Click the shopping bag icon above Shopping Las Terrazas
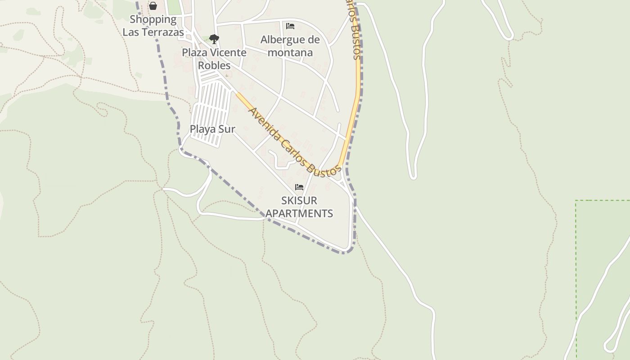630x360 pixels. tap(153, 6)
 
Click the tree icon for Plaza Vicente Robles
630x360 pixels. tap(214, 39)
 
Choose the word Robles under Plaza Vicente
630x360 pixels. tap(214, 65)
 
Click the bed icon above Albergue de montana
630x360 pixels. tap(290, 26)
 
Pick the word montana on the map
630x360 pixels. tap(290, 52)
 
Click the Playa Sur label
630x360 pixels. tap(212, 129)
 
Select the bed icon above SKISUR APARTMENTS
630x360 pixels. tap(299, 187)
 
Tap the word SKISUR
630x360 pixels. tap(299, 200)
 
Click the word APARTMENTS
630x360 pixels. tap(299, 213)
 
